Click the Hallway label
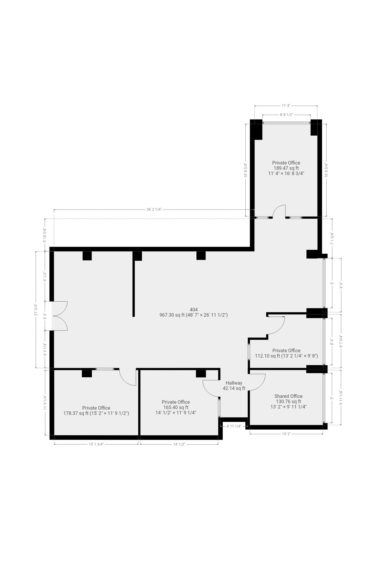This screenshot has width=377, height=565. (234, 383)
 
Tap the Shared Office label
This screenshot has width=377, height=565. (288, 396)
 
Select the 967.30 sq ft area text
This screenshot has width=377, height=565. (194, 315)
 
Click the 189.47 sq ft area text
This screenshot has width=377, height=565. (286, 168)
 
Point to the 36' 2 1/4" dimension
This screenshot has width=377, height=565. (154, 210)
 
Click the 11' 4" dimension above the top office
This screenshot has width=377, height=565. (286, 105)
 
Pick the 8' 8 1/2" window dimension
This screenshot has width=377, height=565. (286, 115)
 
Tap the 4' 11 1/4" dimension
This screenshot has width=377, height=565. (234, 426)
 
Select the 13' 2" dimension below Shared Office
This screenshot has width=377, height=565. (286, 434)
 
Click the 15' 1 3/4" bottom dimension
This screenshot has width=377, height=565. (96, 444)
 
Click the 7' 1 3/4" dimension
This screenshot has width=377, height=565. (332, 239)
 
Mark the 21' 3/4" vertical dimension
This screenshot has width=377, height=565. (36, 310)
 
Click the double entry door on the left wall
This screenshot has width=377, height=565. (60, 316)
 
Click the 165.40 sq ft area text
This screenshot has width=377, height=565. (176, 407)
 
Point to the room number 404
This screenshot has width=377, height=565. (194, 310)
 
